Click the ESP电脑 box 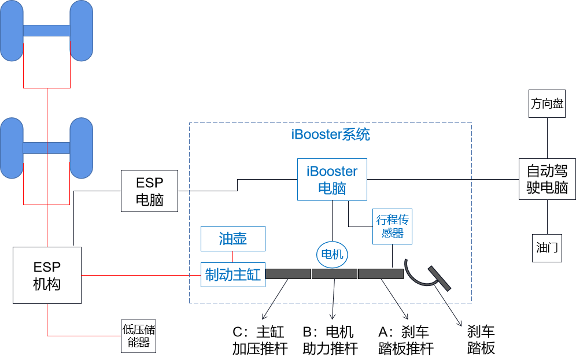tap(149, 191)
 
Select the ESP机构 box tap(47, 276)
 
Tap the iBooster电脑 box tap(332, 180)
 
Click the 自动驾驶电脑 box tap(547, 179)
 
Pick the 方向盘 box tap(547, 104)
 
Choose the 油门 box tap(547, 248)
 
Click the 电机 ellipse tap(332, 254)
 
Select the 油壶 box tap(233, 239)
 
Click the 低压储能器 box tap(139, 336)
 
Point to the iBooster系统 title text tap(331, 135)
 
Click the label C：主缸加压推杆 tap(259, 340)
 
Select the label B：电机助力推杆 tap(330, 340)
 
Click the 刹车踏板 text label tap(481, 340)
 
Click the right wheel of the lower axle tap(81, 148)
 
